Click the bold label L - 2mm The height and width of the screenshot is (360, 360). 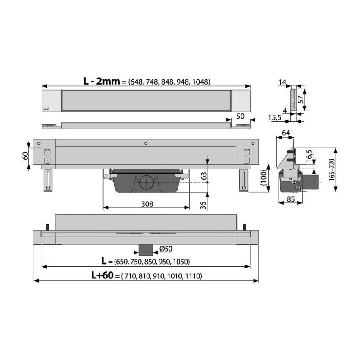[102, 81]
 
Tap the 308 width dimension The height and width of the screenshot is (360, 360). [147, 204]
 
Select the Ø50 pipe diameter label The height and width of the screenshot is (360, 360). [166, 249]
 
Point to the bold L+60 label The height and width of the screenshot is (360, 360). [103, 275]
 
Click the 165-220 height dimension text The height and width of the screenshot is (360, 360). [332, 170]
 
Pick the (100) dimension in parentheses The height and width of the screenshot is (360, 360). [264, 177]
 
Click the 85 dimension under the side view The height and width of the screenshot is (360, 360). [291, 199]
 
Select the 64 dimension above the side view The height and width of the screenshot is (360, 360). [286, 133]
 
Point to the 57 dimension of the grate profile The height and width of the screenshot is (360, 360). [301, 99]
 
